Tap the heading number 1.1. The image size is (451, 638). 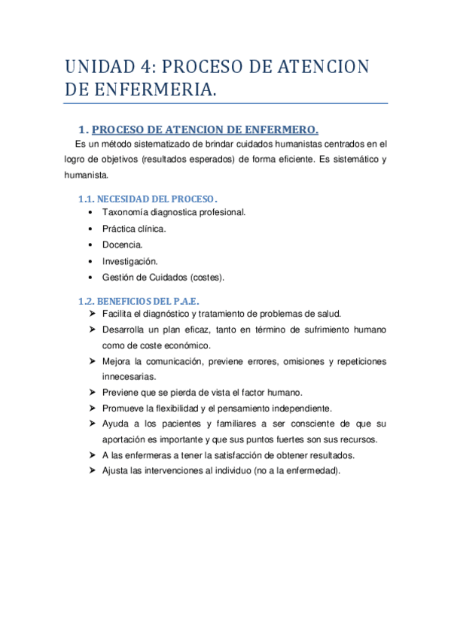(87, 199)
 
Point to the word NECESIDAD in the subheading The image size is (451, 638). (123, 199)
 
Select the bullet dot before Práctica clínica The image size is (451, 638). (91, 229)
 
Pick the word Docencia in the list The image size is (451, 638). (122, 245)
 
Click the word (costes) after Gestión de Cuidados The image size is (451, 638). (207, 278)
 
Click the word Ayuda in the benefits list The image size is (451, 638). (115, 424)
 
